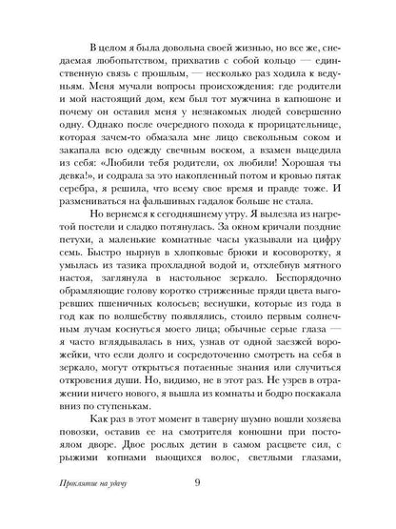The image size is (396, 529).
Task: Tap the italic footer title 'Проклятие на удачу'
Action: [84, 497]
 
